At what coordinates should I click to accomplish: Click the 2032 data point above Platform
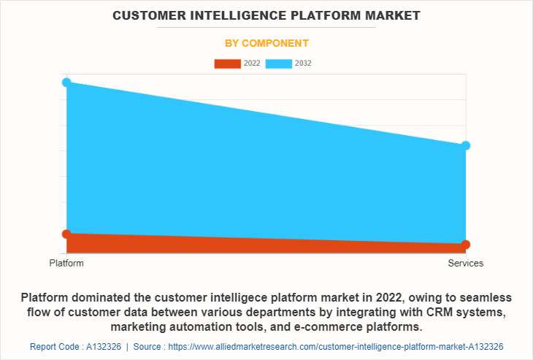(x=66, y=83)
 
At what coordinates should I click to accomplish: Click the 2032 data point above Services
(x=466, y=145)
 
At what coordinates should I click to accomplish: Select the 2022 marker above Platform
(x=66, y=234)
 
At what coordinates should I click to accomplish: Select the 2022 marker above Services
(x=466, y=245)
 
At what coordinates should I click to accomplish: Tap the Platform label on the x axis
(x=66, y=263)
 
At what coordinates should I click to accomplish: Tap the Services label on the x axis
(x=466, y=263)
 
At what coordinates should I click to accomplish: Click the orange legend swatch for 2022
(x=227, y=64)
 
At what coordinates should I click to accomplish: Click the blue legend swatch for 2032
(x=279, y=64)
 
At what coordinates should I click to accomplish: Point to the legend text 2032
(x=303, y=64)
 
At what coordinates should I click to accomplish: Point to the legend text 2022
(x=252, y=64)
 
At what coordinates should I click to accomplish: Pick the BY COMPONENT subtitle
(x=266, y=43)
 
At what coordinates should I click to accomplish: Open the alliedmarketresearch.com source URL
(x=336, y=346)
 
